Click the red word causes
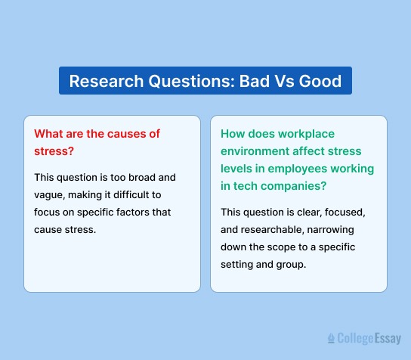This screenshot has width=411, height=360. click(x=125, y=133)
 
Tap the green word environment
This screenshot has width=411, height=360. click(x=253, y=151)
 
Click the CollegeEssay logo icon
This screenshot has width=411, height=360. click(x=331, y=339)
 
